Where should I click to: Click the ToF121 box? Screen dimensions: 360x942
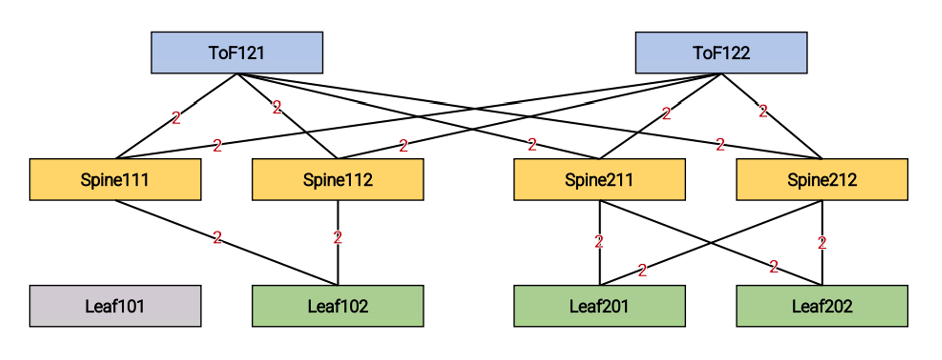237,52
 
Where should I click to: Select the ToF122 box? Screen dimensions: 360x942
721,52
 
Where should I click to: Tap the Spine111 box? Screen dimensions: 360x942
115,180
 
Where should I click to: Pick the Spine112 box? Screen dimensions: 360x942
337,180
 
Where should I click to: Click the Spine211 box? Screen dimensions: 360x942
599,180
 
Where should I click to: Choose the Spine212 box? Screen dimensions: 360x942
822,180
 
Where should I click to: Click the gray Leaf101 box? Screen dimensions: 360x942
115,306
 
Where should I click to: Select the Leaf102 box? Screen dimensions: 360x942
337,306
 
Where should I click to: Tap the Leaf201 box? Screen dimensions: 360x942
599,306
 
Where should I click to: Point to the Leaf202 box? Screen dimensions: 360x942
822,306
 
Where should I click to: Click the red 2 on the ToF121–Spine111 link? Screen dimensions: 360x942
176,118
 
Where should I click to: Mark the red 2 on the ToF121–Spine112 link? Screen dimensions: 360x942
277,107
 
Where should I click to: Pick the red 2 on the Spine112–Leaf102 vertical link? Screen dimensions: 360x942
337,238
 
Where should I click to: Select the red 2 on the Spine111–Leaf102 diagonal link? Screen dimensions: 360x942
217,237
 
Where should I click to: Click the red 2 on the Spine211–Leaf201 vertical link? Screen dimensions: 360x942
599,242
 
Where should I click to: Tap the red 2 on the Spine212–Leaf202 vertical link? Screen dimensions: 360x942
822,243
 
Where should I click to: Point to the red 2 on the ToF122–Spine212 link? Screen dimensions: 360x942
763,111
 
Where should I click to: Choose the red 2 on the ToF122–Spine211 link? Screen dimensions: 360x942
667,114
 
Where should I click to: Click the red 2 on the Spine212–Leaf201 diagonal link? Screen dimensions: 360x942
642,271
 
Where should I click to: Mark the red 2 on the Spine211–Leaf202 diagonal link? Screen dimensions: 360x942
774,267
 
